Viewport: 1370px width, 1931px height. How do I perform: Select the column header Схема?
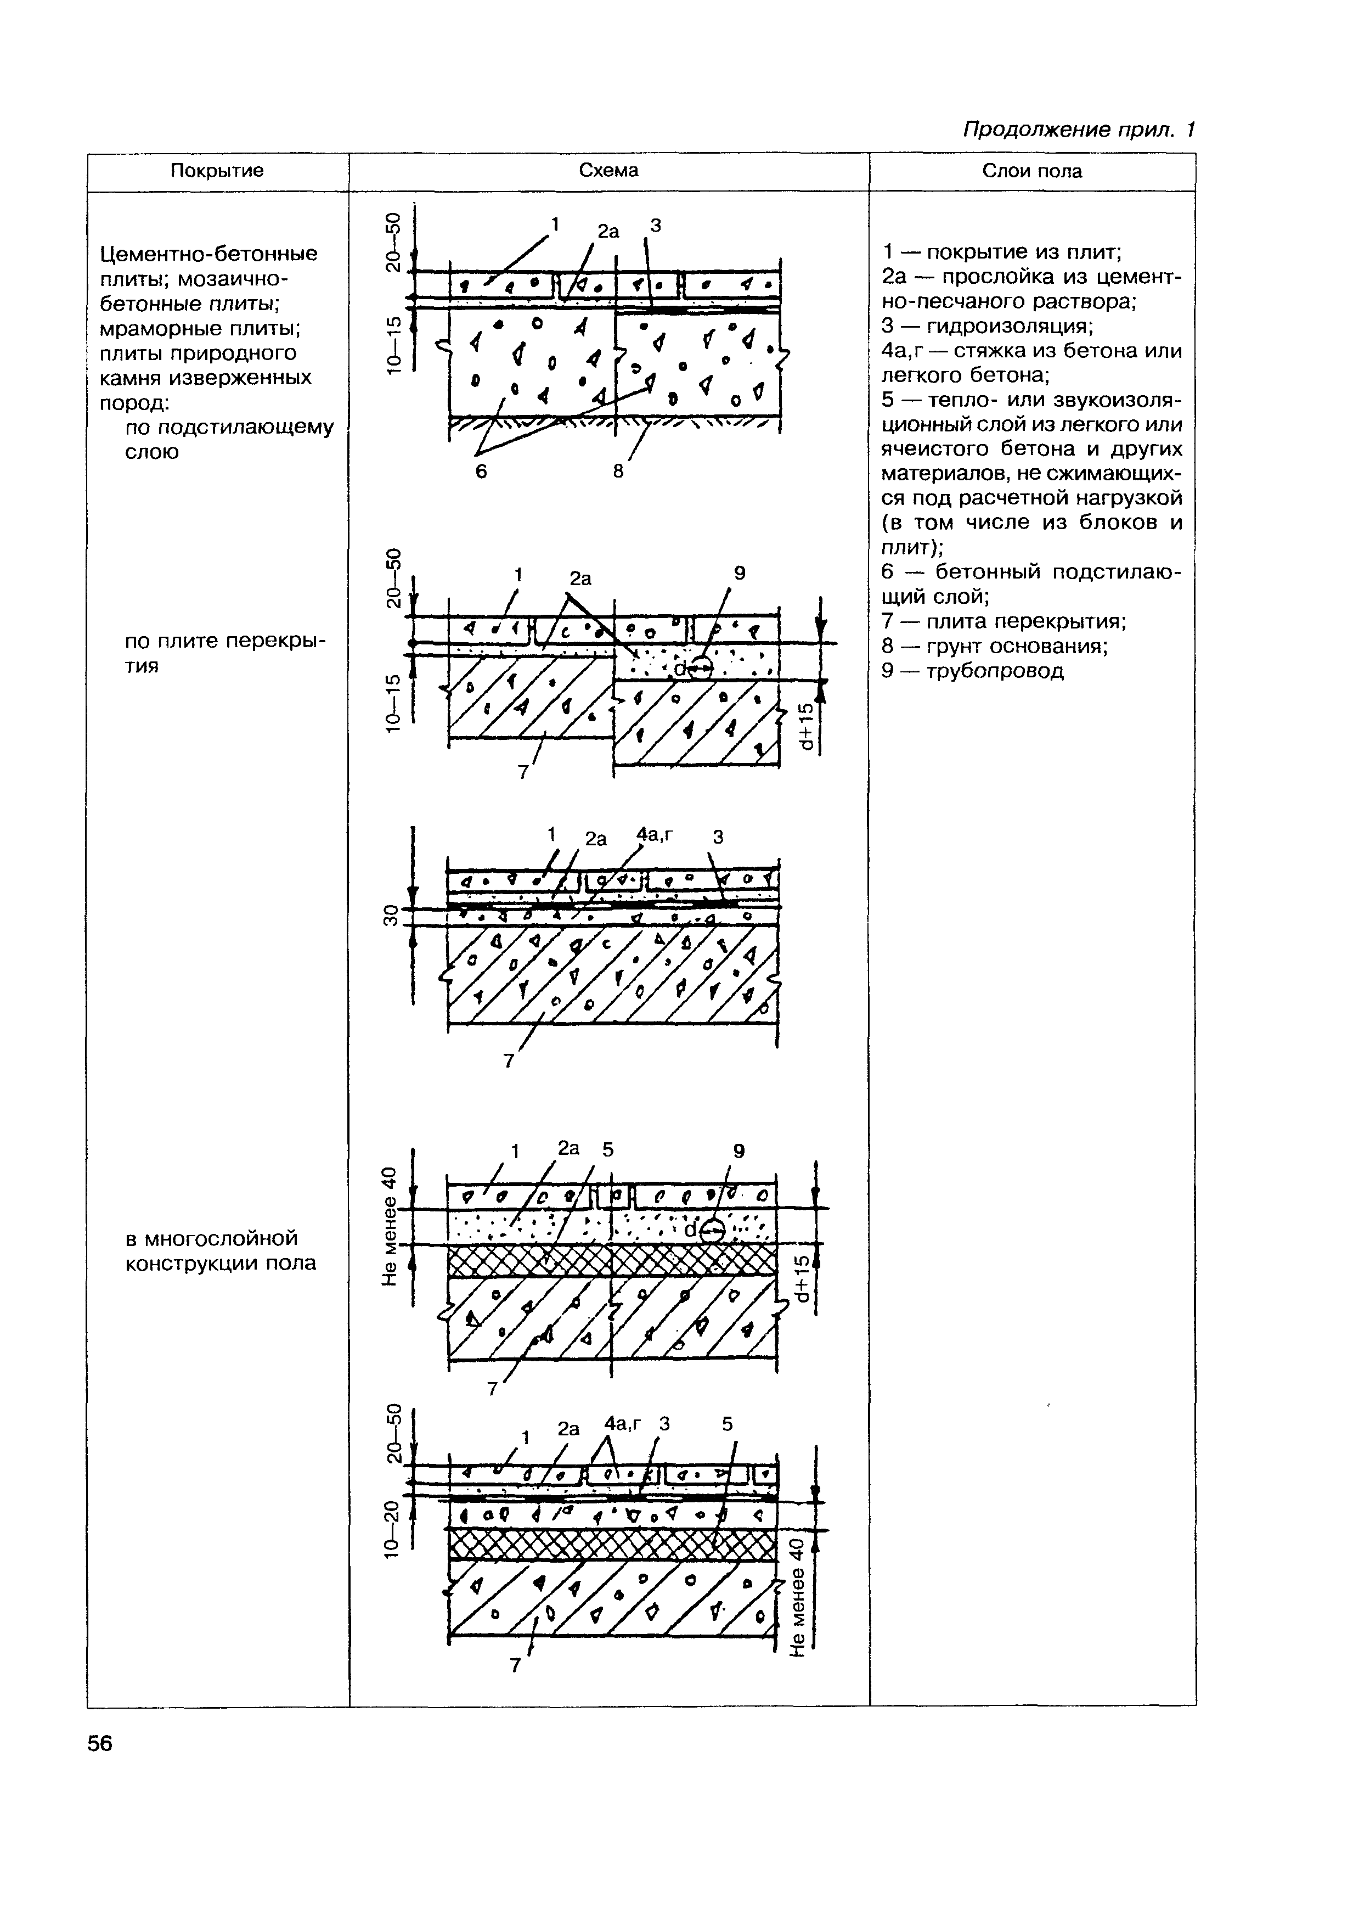click(x=608, y=171)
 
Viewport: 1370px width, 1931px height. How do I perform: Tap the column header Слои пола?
click(x=1031, y=171)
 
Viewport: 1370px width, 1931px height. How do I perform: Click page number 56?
click(x=99, y=1744)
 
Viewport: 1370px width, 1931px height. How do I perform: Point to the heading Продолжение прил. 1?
click(x=1079, y=130)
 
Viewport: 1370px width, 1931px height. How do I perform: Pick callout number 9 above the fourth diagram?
click(x=739, y=1151)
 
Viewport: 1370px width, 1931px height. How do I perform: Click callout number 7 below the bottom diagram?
click(x=515, y=1665)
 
